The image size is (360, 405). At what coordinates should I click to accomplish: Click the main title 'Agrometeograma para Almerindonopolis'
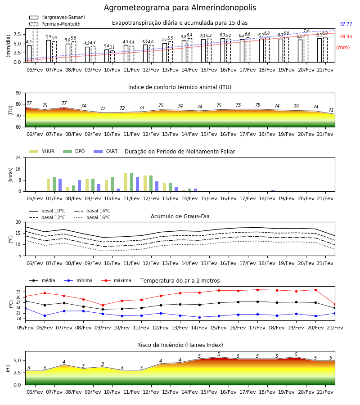(x=180, y=8)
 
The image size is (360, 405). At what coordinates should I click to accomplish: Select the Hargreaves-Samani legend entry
(x=57, y=17)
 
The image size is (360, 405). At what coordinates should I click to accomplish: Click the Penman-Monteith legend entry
(x=55, y=24)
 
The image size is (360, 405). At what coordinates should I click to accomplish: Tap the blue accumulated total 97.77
(x=346, y=24)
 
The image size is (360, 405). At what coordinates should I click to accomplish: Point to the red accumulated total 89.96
(x=346, y=37)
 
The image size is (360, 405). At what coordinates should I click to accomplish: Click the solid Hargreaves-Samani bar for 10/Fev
(x=106, y=56)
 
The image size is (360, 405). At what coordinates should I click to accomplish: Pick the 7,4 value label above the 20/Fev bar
(x=306, y=31)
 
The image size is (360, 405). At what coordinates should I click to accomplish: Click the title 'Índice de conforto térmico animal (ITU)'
(x=180, y=87)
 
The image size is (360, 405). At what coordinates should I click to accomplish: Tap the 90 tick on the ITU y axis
(x=18, y=93)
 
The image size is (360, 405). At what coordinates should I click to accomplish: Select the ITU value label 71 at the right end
(x=331, y=110)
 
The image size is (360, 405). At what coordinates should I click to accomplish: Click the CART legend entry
(x=106, y=151)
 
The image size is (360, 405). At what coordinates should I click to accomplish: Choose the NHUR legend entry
(x=42, y=151)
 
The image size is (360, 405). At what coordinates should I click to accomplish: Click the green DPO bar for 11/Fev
(x=132, y=182)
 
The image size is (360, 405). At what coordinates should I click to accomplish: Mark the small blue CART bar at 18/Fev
(x=273, y=191)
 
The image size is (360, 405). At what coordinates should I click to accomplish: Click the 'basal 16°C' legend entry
(x=92, y=217)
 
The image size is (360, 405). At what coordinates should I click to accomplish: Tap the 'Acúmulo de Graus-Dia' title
(x=180, y=216)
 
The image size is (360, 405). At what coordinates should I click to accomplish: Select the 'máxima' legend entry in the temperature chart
(x=116, y=280)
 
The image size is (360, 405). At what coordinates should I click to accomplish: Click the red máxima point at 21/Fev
(x=335, y=305)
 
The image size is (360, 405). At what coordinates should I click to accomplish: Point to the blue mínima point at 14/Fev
(x=200, y=317)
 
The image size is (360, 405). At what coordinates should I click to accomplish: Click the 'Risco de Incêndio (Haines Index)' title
(x=180, y=345)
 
